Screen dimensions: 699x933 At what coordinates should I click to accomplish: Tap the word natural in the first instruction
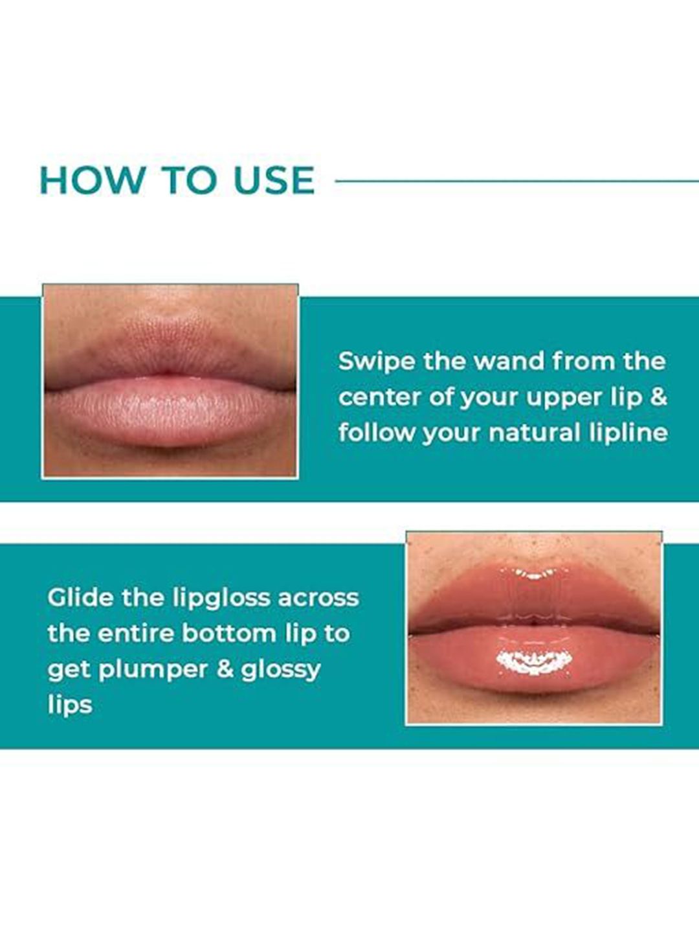(535, 433)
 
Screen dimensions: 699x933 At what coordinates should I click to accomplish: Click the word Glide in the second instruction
(80, 598)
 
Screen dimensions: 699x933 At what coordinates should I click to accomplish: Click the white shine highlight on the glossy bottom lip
(534, 662)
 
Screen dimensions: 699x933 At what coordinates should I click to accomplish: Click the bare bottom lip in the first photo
(170, 412)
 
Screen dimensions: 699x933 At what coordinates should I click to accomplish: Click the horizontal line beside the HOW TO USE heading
(517, 181)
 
